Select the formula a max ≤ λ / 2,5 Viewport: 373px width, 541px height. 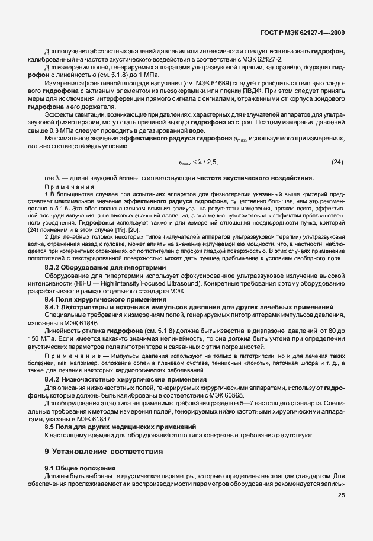(x=200, y=162)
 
